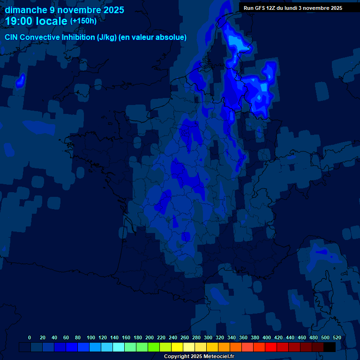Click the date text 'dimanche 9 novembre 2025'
coord(64,10)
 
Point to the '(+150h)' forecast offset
coord(83,21)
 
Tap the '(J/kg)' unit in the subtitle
coord(108,37)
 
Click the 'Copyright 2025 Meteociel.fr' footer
coord(199,357)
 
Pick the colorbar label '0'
coord(30,337)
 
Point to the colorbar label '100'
coord(90,337)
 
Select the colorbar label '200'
coord(150,337)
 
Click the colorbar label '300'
coord(208,337)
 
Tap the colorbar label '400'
coord(267,337)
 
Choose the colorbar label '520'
coord(337,337)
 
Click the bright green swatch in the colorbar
coord(153,347)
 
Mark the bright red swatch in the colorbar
coord(270,347)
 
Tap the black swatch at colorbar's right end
coord(329,347)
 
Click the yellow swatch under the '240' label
coord(177,347)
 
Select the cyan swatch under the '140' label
coord(118,347)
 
